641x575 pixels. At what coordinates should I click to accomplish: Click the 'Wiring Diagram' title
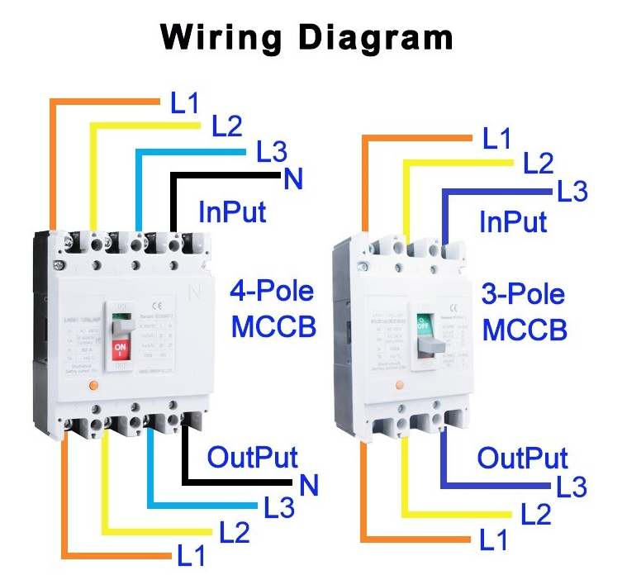click(306, 37)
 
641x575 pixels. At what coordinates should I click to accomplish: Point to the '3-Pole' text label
click(523, 295)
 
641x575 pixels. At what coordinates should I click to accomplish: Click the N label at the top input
click(292, 178)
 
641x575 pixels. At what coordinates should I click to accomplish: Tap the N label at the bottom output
click(309, 485)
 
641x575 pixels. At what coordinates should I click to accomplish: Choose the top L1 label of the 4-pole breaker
click(185, 103)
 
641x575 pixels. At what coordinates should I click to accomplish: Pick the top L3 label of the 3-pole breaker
click(572, 192)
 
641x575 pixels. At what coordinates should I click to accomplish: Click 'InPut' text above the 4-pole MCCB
click(232, 211)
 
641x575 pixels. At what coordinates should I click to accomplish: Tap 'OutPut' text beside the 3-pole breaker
click(523, 458)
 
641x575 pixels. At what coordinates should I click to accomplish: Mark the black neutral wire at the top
click(223, 176)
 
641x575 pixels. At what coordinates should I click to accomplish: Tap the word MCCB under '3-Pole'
click(525, 330)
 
